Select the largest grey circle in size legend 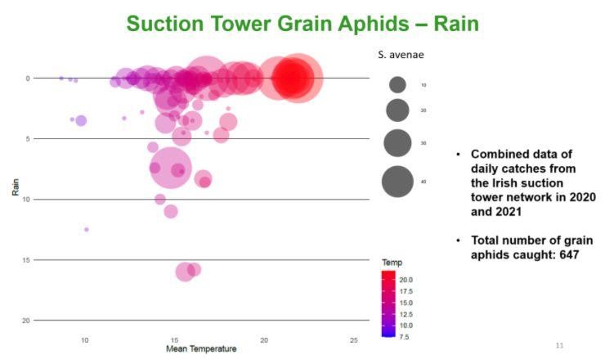click(x=398, y=182)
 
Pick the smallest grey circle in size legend click(x=398, y=84)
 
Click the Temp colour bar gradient click(x=388, y=304)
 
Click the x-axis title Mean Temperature click(x=201, y=349)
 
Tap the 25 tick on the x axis click(x=353, y=339)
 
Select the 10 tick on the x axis click(x=84, y=339)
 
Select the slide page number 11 click(x=559, y=345)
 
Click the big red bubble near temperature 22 click(x=298, y=79)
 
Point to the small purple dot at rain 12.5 click(x=87, y=230)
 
